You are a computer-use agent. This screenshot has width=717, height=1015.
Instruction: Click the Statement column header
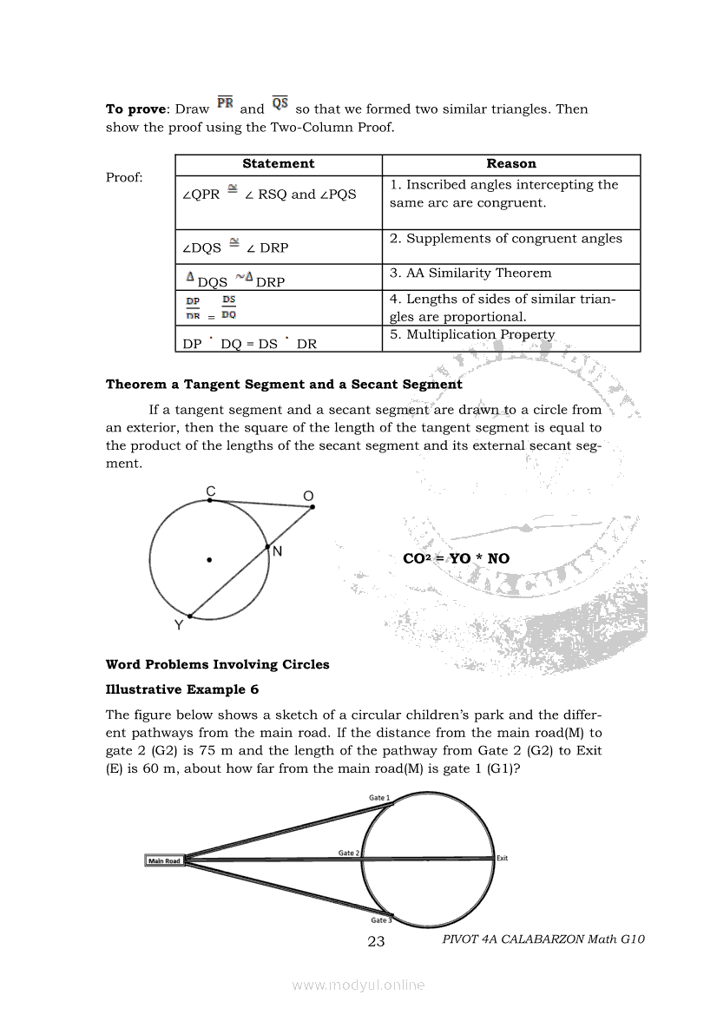point(278,164)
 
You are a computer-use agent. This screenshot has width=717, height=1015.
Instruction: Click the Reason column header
point(510,164)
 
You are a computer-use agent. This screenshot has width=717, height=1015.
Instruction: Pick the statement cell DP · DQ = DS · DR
point(250,343)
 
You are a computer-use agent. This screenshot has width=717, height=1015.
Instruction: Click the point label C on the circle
point(210,491)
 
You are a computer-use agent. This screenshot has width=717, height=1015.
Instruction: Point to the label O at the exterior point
point(308,496)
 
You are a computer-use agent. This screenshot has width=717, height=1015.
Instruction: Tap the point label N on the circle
point(277,551)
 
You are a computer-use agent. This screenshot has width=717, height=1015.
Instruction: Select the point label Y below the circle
point(178,625)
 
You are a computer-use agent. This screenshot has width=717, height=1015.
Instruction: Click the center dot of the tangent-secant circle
point(209,560)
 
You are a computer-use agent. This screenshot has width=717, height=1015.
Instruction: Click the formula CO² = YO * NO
point(457,558)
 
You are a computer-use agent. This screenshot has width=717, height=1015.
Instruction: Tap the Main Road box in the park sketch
point(164,861)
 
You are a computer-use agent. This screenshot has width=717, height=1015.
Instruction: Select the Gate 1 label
point(379,797)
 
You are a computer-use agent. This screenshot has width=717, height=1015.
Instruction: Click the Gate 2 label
point(349,853)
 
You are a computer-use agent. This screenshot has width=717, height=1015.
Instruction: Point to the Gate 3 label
point(381,920)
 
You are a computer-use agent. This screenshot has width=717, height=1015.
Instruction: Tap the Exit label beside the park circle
point(502,859)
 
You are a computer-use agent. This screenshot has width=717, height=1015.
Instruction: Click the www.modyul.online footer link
point(358,985)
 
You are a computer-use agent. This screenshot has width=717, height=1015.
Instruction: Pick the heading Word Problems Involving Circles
point(218,665)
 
